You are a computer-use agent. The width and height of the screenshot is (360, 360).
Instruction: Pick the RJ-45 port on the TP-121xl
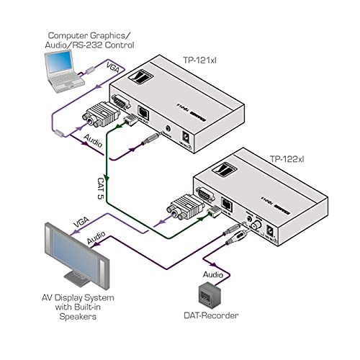coord(145,114)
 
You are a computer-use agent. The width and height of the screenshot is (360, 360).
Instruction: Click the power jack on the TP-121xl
coord(189,135)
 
